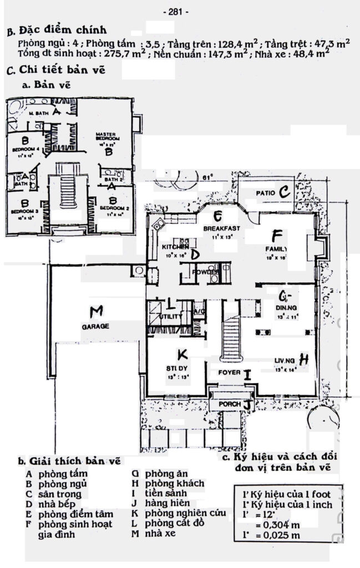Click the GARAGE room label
[x=95, y=326]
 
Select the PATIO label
[x=267, y=193]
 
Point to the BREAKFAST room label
[x=221, y=229]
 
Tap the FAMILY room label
[x=276, y=249]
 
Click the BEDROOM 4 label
[x=24, y=150]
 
